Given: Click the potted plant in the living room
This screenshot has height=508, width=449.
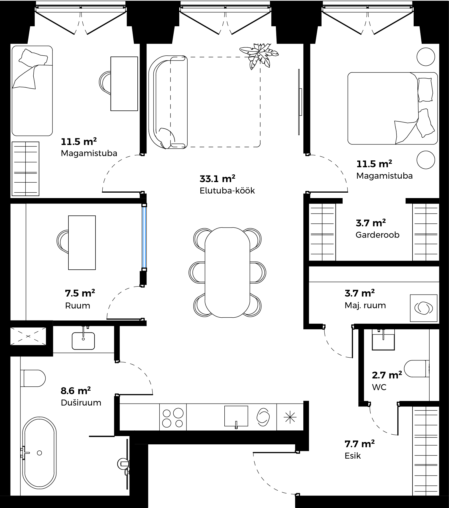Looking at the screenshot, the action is pyautogui.click(x=259, y=56).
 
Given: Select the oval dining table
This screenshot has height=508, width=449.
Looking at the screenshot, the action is pyautogui.click(x=227, y=273).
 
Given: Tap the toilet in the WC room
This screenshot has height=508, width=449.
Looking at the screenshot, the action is pyautogui.click(x=417, y=368).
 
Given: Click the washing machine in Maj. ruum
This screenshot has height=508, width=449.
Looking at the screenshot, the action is pyautogui.click(x=423, y=308).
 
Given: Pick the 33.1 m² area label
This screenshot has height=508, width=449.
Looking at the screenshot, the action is pyautogui.click(x=217, y=179).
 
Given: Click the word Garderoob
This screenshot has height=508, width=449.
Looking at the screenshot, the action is pyautogui.click(x=377, y=235).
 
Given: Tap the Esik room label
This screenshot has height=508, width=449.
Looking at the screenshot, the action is pyautogui.click(x=353, y=456).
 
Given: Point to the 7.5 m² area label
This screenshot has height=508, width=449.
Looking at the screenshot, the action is pyautogui.click(x=80, y=293).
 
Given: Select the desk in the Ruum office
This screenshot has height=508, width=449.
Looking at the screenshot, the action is pyautogui.click(x=82, y=243).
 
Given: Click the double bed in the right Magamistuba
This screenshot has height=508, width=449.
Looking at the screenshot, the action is pyautogui.click(x=393, y=108).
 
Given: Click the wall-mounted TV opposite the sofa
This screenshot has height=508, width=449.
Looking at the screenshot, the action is pyautogui.click(x=299, y=102).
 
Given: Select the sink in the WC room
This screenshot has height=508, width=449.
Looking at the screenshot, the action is pyautogui.click(x=383, y=339).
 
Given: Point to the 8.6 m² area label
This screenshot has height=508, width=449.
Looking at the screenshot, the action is pyautogui.click(x=76, y=390).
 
